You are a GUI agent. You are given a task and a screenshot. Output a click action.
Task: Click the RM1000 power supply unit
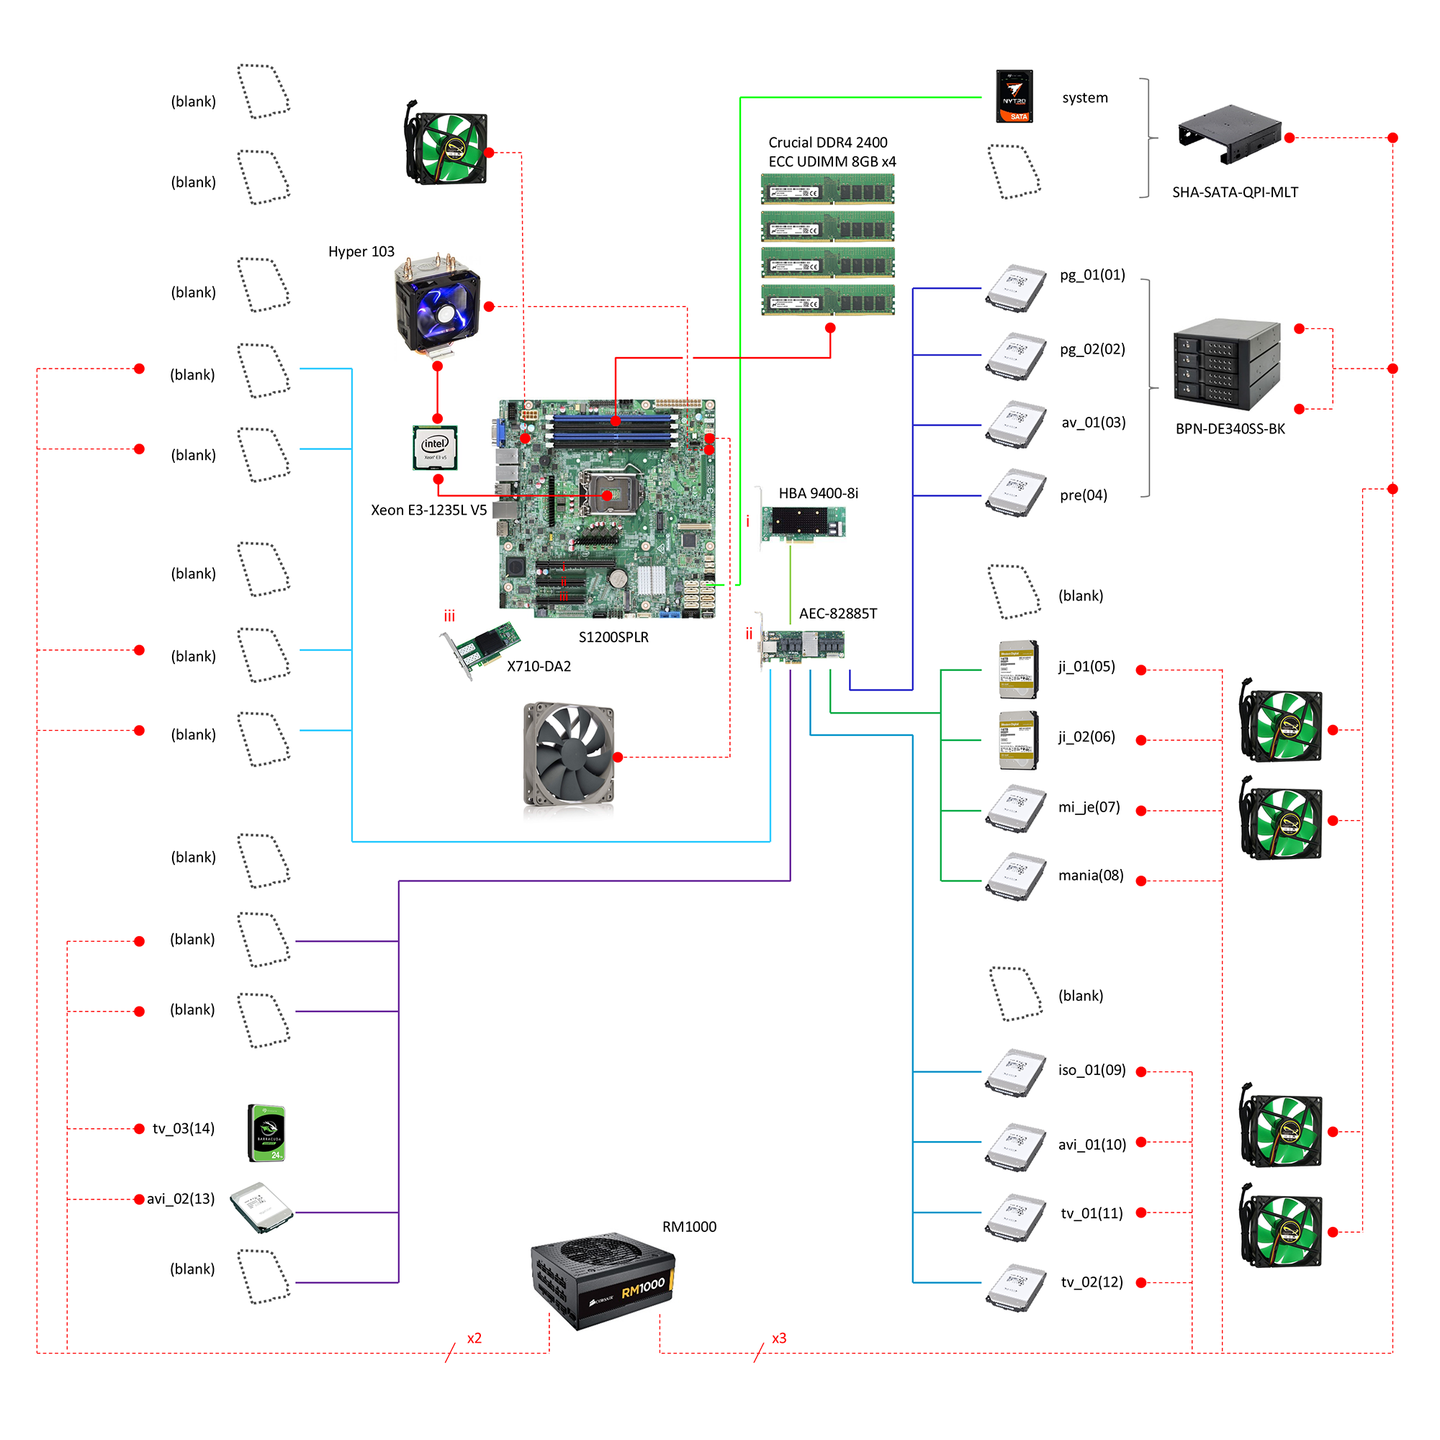coord(602,1280)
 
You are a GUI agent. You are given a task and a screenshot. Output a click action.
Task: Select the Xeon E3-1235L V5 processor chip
coord(436,447)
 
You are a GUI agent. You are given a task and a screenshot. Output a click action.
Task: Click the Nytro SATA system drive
coord(1014,96)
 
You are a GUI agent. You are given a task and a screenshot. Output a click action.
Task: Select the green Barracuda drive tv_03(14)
coord(266,1133)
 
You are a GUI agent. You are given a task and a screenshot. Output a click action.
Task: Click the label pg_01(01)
coord(1092,275)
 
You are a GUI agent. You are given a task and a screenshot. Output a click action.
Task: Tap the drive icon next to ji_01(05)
coord(1017,669)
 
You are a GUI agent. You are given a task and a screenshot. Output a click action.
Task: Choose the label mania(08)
coord(1090,875)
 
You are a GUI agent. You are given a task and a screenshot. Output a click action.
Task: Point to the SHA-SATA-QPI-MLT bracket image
coord(1229,134)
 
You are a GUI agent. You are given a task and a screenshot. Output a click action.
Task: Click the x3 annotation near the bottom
coord(779,1338)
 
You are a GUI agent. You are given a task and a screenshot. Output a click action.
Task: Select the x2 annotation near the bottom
coord(474,1338)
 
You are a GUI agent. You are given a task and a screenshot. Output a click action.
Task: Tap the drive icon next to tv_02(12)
coord(1015,1287)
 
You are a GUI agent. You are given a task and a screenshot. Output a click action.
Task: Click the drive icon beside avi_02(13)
coord(261,1207)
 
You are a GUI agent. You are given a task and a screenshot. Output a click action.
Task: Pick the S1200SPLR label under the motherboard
coord(613,637)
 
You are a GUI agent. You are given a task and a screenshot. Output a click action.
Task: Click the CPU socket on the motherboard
coord(608,494)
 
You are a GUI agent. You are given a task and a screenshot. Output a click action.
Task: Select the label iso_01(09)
coord(1092,1071)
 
